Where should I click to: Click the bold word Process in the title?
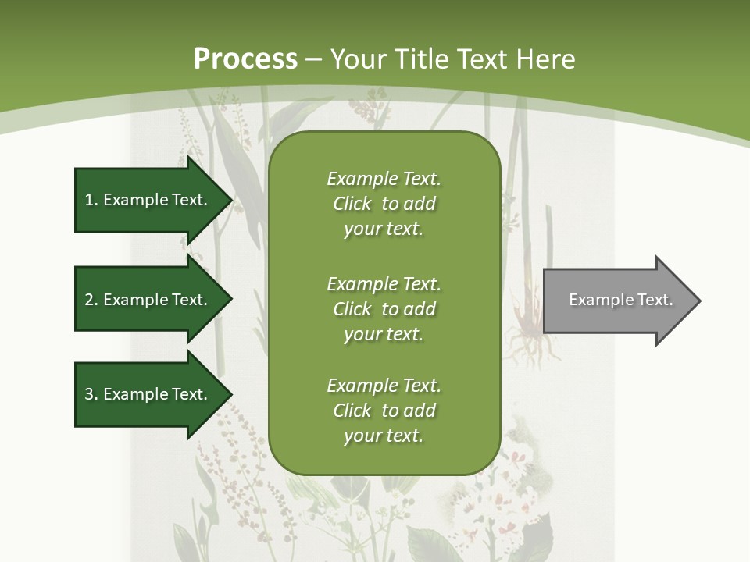click(x=245, y=59)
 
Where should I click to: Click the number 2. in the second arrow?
click(x=91, y=300)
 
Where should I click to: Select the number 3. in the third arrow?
click(x=91, y=394)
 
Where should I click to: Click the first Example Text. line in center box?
click(x=384, y=179)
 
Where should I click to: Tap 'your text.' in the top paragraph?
click(x=384, y=229)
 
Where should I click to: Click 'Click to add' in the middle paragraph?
click(x=384, y=308)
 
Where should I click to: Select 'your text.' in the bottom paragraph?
click(x=384, y=436)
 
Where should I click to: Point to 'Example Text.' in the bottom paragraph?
click(x=384, y=386)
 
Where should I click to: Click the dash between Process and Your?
click(x=314, y=59)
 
